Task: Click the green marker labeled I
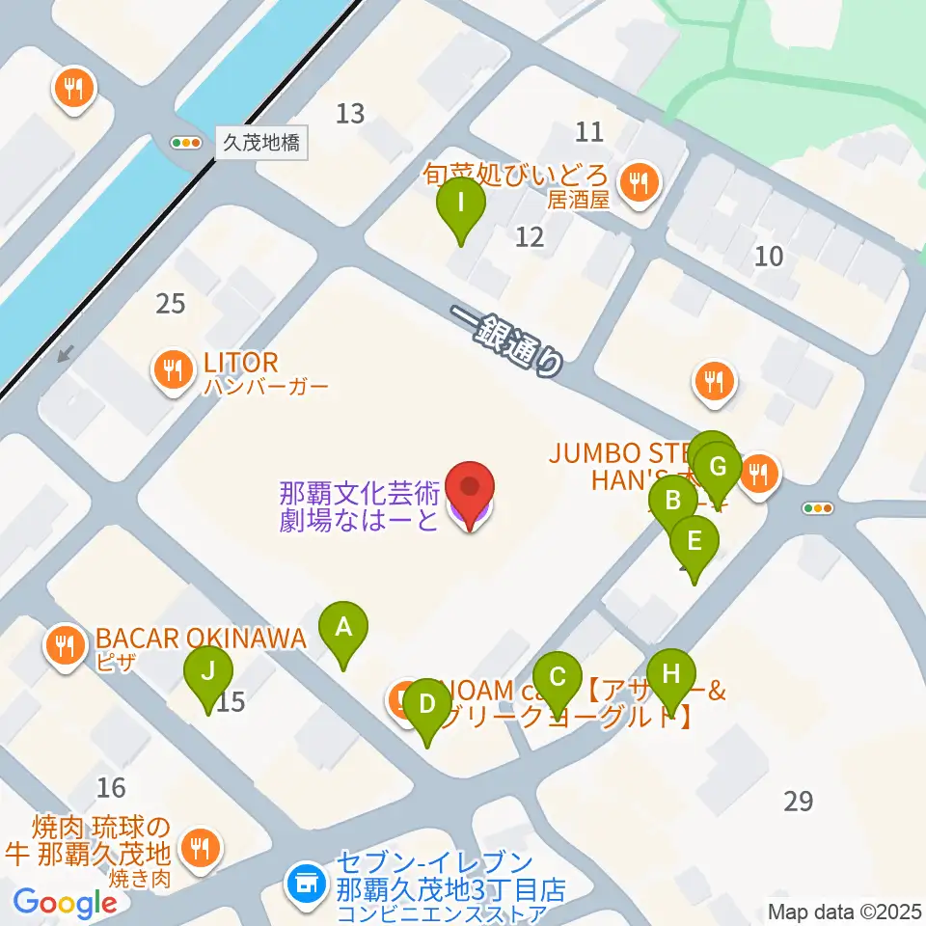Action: [x=461, y=204]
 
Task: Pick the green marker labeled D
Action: [x=425, y=706]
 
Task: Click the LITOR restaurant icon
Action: [x=173, y=368]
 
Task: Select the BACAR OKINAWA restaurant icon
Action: [x=65, y=642]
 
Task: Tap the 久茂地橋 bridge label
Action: [x=261, y=144]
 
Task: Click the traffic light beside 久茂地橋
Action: [x=185, y=143]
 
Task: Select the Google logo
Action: [x=65, y=903]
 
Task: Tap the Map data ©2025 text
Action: [x=845, y=911]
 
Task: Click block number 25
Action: [x=170, y=304]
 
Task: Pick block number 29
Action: [x=799, y=802]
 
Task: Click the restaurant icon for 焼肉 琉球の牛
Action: [x=201, y=848]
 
